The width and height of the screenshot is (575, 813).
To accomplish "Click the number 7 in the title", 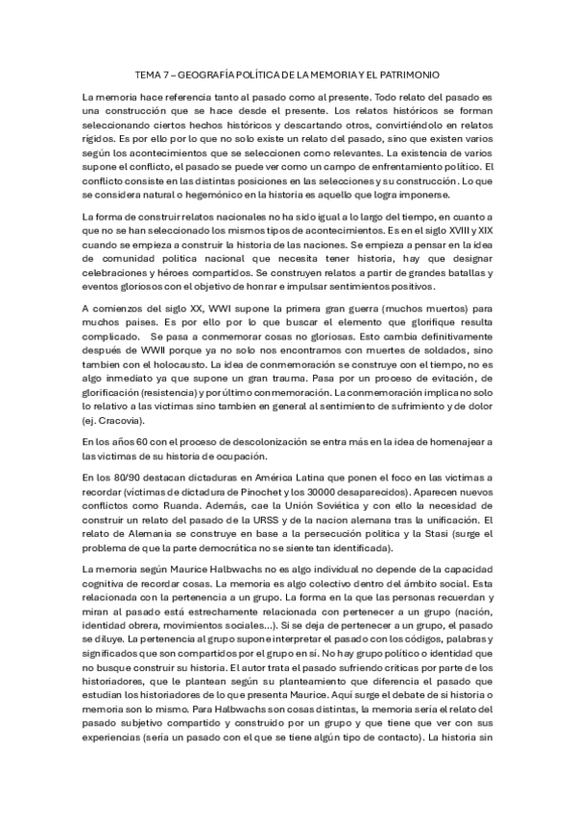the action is click(x=169, y=74).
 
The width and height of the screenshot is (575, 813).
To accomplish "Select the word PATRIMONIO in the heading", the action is click(x=413, y=74).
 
